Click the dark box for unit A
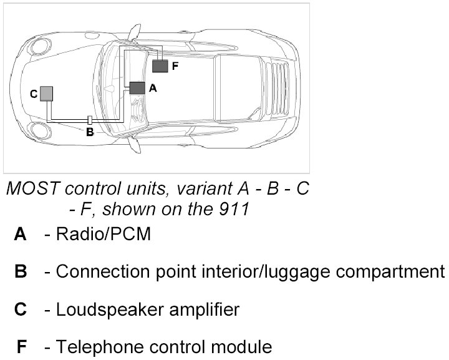click(x=137, y=88)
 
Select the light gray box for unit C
click(x=46, y=94)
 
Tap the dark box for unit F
click(x=161, y=65)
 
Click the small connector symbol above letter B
click(x=90, y=119)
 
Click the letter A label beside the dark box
click(x=153, y=89)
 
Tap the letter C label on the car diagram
click(x=33, y=94)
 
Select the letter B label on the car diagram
click(x=90, y=132)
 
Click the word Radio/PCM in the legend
click(x=103, y=235)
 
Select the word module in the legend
click(x=242, y=347)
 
